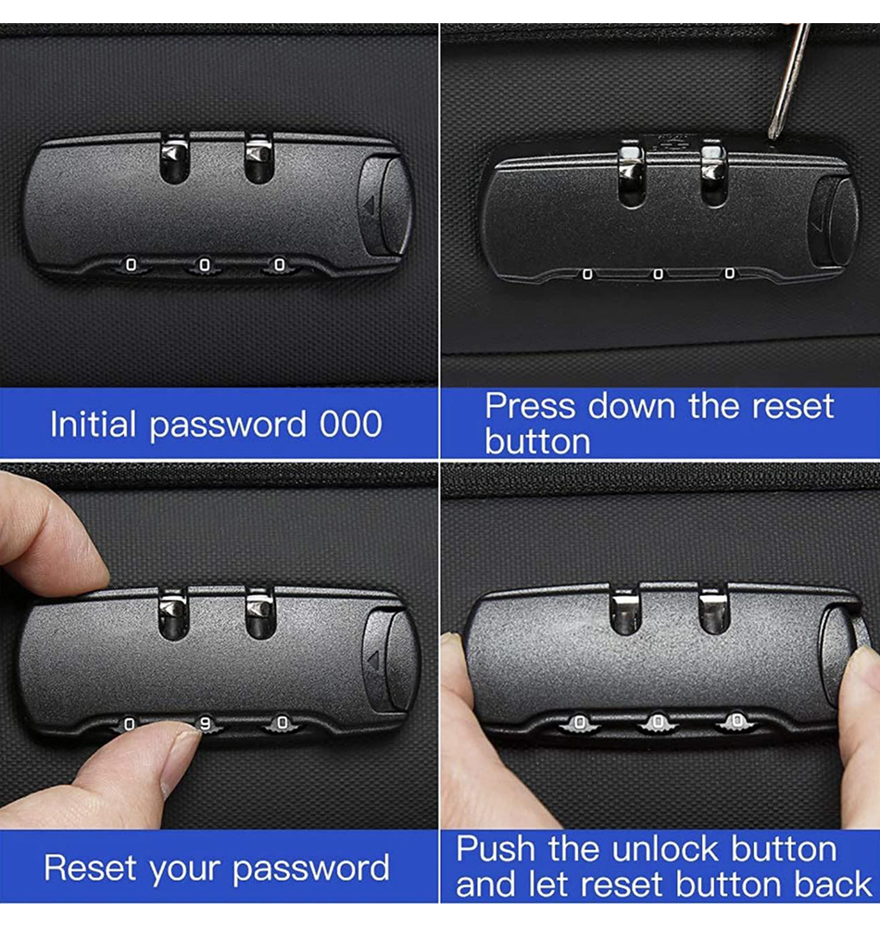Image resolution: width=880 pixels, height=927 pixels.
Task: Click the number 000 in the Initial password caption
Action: click(x=351, y=424)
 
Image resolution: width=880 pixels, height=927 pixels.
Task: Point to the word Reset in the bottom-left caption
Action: click(x=90, y=868)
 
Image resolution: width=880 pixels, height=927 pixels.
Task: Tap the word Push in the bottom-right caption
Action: click(x=496, y=849)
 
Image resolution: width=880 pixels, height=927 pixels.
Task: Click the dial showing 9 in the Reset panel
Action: click(x=206, y=725)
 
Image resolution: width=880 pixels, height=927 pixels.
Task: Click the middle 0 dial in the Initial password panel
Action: click(x=205, y=265)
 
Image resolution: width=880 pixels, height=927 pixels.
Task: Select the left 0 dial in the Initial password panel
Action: click(x=132, y=265)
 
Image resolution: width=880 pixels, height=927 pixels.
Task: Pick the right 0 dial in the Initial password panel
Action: click(x=280, y=265)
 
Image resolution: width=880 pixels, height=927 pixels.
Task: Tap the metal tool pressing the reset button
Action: click(x=789, y=83)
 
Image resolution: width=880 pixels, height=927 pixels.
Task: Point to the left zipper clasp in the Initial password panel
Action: click(x=174, y=159)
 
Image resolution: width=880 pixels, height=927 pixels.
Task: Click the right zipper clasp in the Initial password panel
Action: click(x=258, y=159)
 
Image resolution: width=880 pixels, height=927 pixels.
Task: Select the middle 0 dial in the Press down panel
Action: click(x=658, y=273)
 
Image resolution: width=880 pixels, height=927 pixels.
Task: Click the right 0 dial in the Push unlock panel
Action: click(x=736, y=721)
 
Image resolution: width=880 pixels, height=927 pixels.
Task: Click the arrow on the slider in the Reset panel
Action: click(x=372, y=659)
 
